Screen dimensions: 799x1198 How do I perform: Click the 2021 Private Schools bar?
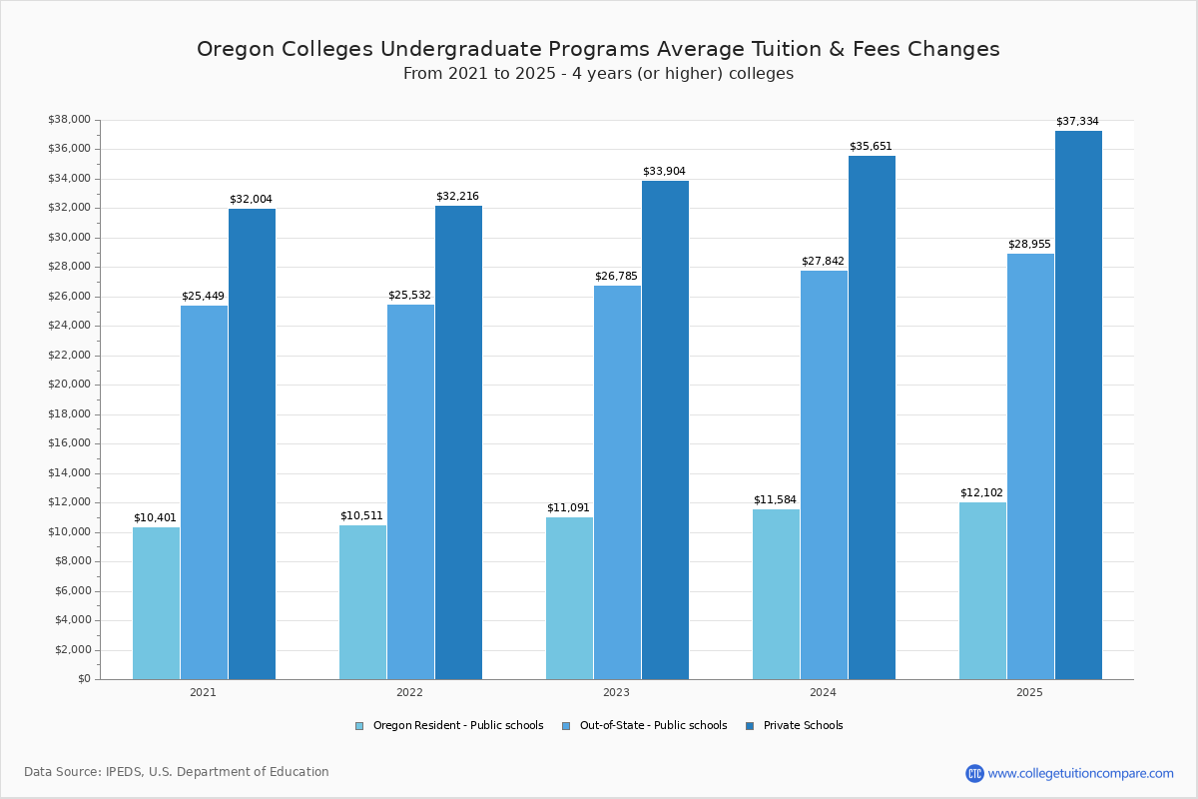tap(252, 443)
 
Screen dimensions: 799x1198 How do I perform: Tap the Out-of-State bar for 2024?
tap(824, 474)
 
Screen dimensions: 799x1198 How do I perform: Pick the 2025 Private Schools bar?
tap(1078, 404)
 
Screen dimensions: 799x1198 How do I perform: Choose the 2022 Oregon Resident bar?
tap(362, 601)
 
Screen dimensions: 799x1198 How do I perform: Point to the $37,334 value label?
tap(1077, 122)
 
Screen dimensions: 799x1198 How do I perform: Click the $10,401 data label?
tap(155, 517)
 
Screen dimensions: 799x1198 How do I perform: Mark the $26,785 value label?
tap(616, 276)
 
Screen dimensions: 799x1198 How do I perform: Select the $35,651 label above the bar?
tap(871, 147)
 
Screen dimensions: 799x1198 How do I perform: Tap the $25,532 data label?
tap(409, 296)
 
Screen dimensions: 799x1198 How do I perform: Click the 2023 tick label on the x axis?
tap(616, 692)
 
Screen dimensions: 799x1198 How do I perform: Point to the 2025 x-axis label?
tap(1029, 692)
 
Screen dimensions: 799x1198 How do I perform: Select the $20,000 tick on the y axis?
tap(69, 385)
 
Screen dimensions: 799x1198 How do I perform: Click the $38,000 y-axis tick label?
tap(69, 120)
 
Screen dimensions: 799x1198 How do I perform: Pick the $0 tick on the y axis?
tap(84, 679)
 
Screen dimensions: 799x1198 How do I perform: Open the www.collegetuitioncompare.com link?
tap(1080, 773)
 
